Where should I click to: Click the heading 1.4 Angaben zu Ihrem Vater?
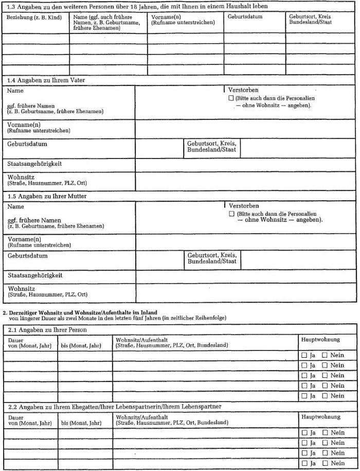[46, 81]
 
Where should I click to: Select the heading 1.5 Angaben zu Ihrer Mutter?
[47, 197]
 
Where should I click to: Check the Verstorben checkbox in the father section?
[231, 98]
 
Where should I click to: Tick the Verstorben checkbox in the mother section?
[231, 214]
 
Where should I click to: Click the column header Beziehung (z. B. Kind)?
[34, 17]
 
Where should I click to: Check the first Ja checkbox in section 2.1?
[304, 355]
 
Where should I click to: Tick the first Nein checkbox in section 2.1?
[325, 355]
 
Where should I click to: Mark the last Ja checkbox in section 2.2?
[304, 463]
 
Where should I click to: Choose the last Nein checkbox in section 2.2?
[325, 463]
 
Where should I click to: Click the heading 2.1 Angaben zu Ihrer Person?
[47, 329]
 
